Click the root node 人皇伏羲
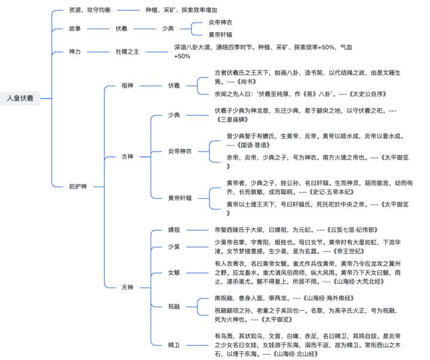pyautogui.click(x=20, y=98)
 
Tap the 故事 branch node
pyautogui.click(x=76, y=28)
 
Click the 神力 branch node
pyautogui.click(x=76, y=52)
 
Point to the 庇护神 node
pyautogui.click(x=78, y=187)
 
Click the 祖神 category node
pyautogui.click(x=127, y=85)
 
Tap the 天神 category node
pyautogui.click(x=127, y=287)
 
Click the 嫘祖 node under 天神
pyautogui.click(x=174, y=229)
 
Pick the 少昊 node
pyautogui.click(x=174, y=247)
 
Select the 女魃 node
pyautogui.click(x=174, y=272)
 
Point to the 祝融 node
pyautogui.click(x=174, y=306)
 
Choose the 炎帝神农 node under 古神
pyautogui.click(x=179, y=151)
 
